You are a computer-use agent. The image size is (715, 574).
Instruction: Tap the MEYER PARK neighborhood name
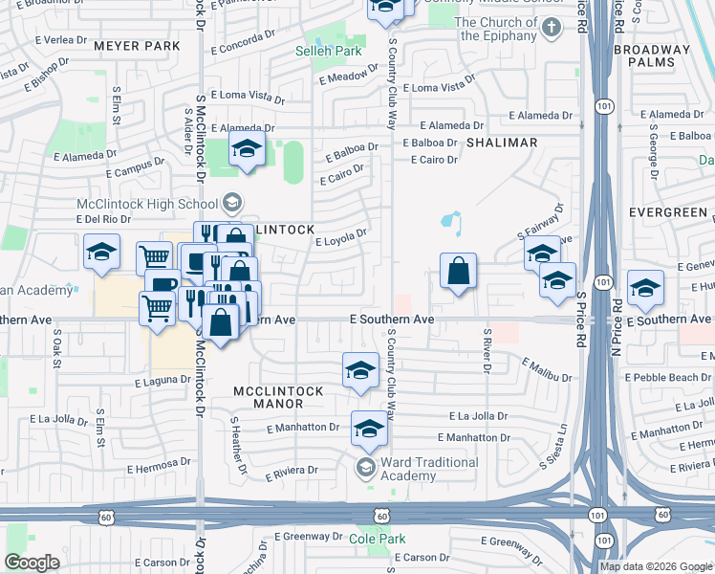click(x=138, y=45)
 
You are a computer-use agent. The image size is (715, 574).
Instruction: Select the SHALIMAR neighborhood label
click(x=502, y=143)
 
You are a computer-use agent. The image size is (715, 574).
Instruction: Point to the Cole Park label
click(x=378, y=540)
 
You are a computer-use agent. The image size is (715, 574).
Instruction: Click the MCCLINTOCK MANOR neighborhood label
click(x=278, y=398)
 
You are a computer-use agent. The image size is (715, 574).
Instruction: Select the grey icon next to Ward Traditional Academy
click(x=364, y=468)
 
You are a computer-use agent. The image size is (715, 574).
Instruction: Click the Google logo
click(x=32, y=563)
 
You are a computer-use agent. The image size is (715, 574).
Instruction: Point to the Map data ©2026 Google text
click(x=656, y=566)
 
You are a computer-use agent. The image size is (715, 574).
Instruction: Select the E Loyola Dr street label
click(x=341, y=236)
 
